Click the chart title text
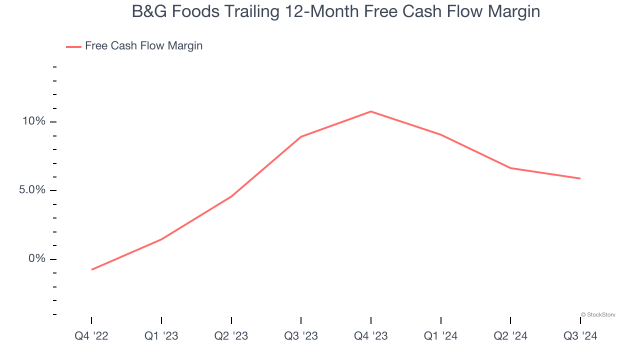coord(335,11)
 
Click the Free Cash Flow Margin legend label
coord(143,46)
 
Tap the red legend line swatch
coord(73,47)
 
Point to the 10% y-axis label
coord(33,121)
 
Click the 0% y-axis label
coord(36,258)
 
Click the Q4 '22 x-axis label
coord(91,336)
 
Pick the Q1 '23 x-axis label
coord(161,336)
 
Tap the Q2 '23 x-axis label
coord(231,336)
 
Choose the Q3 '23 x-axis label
coord(301,336)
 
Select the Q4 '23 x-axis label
coord(370,336)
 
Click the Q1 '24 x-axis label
coord(440,336)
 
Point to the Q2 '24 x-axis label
coord(510,336)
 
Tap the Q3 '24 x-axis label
coord(580,336)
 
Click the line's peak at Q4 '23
coord(370,111)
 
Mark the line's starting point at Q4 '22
coord(92,269)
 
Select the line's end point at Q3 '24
coord(580,178)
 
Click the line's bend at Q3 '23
coord(301,136)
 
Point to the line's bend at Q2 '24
coord(510,168)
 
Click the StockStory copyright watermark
coord(598,315)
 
